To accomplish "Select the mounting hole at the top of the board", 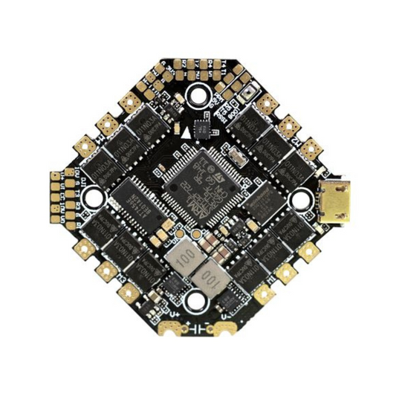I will click(198, 94).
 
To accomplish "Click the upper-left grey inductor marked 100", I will click(178, 258).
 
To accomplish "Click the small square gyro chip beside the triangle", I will click(202, 127).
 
